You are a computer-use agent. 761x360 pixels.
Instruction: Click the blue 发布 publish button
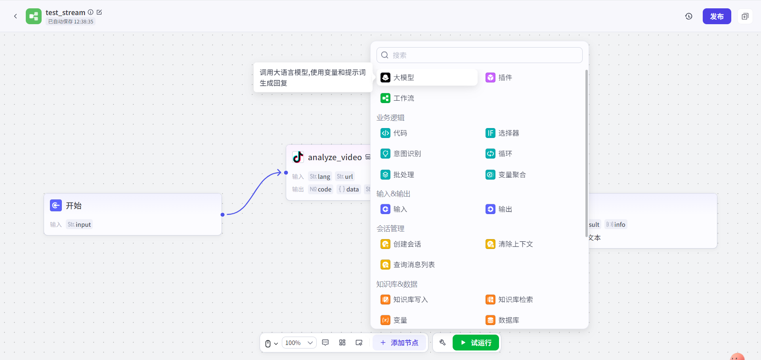pyautogui.click(x=717, y=16)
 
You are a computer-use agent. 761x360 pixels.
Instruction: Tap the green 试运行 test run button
pyautogui.click(x=476, y=343)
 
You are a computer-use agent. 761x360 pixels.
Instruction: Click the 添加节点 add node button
pyautogui.click(x=399, y=343)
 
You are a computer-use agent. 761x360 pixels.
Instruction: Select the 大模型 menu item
pyautogui.click(x=403, y=78)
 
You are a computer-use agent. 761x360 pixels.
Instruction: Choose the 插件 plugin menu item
pyautogui.click(x=505, y=78)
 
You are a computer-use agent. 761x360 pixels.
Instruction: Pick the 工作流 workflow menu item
pyautogui.click(x=403, y=98)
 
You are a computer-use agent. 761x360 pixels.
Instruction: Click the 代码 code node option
pyautogui.click(x=400, y=133)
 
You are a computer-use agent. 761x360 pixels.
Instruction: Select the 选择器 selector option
pyautogui.click(x=508, y=133)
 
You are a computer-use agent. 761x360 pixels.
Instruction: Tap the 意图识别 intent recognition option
pyautogui.click(x=407, y=154)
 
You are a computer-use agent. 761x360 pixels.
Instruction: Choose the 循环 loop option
pyautogui.click(x=505, y=154)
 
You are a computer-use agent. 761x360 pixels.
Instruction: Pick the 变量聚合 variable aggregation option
pyautogui.click(x=511, y=175)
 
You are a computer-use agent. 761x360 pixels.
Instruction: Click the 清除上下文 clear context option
pyautogui.click(x=515, y=244)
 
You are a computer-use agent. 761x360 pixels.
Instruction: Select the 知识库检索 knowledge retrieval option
pyautogui.click(x=515, y=300)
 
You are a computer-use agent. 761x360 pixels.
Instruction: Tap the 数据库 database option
pyautogui.click(x=508, y=320)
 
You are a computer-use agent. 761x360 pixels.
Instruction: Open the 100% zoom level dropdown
pyautogui.click(x=299, y=343)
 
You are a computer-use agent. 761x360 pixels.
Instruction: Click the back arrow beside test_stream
pyautogui.click(x=15, y=16)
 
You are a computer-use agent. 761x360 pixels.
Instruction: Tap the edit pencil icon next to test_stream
pyautogui.click(x=99, y=12)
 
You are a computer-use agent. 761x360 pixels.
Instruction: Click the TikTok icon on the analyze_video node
pyautogui.click(x=298, y=157)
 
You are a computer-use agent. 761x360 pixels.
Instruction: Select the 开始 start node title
pyautogui.click(x=74, y=206)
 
